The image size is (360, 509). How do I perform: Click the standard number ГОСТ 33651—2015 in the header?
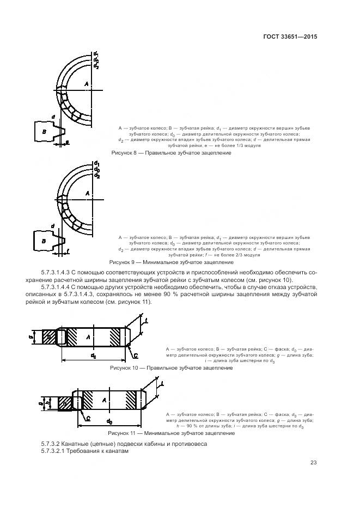pos(291,37)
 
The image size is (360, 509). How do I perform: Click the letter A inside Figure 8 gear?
pos(86,83)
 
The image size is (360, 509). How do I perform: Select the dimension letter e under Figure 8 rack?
pos(67,142)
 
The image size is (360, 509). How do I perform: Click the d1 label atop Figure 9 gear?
pos(96,163)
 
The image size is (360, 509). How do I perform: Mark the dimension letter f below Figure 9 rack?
pos(68,251)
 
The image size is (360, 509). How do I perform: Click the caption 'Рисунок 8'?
pos(124,154)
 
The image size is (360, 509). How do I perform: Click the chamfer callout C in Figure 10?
pos(136,354)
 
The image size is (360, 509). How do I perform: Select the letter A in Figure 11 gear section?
pos(103,401)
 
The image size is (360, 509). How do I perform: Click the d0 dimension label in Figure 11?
pos(109,421)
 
